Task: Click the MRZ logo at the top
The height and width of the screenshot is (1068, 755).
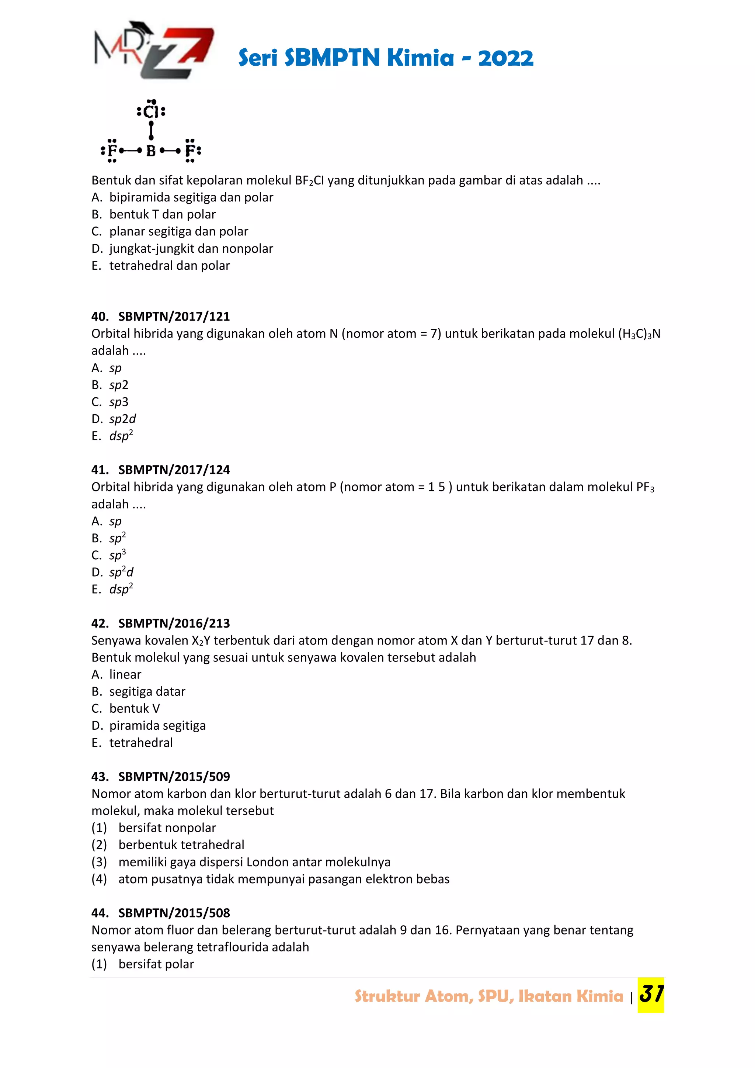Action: (153, 50)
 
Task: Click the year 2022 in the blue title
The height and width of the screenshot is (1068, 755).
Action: (505, 58)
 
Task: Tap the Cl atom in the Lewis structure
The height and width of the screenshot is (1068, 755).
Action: (151, 112)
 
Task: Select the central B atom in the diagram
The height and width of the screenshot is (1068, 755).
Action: (151, 151)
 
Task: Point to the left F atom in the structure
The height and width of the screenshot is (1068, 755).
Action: (112, 151)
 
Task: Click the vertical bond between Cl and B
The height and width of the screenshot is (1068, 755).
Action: (151, 131)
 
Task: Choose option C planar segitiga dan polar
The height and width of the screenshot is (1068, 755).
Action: (178, 231)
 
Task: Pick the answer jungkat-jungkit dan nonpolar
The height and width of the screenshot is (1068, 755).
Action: (191, 248)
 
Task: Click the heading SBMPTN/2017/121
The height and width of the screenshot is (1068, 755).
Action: (174, 316)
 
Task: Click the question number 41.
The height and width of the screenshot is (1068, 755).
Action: (100, 470)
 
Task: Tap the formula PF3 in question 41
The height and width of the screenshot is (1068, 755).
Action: (645, 487)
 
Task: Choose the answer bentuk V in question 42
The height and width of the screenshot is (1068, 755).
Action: (134, 708)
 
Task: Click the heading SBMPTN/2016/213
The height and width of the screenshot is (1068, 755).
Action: (174, 623)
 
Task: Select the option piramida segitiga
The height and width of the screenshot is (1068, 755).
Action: (157, 726)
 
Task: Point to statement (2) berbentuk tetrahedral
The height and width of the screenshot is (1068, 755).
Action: (181, 845)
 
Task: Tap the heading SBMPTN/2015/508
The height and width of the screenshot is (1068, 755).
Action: (174, 913)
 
